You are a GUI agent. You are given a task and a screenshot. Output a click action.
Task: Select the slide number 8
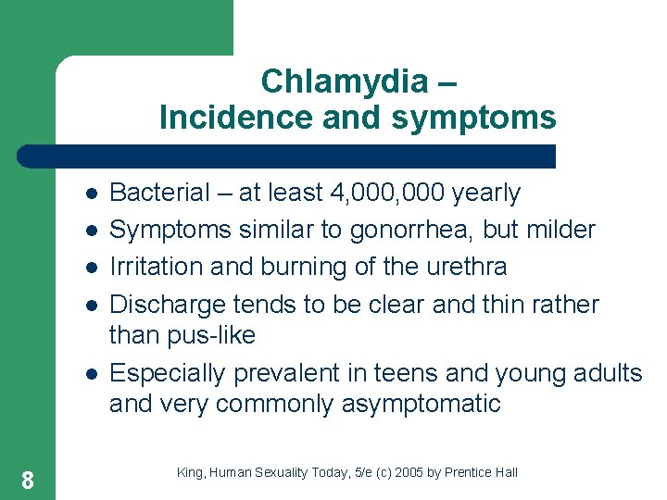[x=28, y=480]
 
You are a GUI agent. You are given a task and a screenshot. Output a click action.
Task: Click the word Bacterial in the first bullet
[x=159, y=193]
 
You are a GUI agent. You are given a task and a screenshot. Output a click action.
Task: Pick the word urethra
[x=461, y=267]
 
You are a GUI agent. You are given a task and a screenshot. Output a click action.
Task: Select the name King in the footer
[x=189, y=473]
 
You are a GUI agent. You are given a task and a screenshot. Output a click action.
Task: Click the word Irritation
[x=157, y=267]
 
